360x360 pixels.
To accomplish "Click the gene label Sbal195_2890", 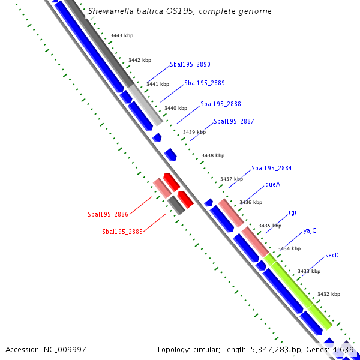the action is pyautogui.click(x=190, y=64).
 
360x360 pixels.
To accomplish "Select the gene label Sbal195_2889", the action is pyautogui.click(x=205, y=83).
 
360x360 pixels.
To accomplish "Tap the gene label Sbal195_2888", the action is pyautogui.click(x=221, y=104).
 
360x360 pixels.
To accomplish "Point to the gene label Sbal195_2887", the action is pyautogui.click(x=234, y=121).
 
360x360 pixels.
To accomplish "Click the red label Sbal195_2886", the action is pyautogui.click(x=108, y=214).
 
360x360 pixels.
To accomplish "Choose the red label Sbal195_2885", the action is pyautogui.click(x=122, y=232).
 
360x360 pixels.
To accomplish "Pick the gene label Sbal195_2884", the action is pyautogui.click(x=272, y=169).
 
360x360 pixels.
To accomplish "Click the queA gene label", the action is pyautogui.click(x=273, y=185).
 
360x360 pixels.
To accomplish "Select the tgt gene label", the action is pyautogui.click(x=292, y=213).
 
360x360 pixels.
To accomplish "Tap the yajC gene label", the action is pyautogui.click(x=310, y=231).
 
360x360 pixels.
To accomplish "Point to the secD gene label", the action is pyautogui.click(x=332, y=256).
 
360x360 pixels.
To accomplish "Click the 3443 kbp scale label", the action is pyautogui.click(x=122, y=36).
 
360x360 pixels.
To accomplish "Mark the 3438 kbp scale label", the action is pyautogui.click(x=213, y=155).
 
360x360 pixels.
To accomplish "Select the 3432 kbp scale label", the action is pyautogui.click(x=329, y=294).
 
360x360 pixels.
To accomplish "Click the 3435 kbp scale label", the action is pyautogui.click(x=270, y=226).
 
